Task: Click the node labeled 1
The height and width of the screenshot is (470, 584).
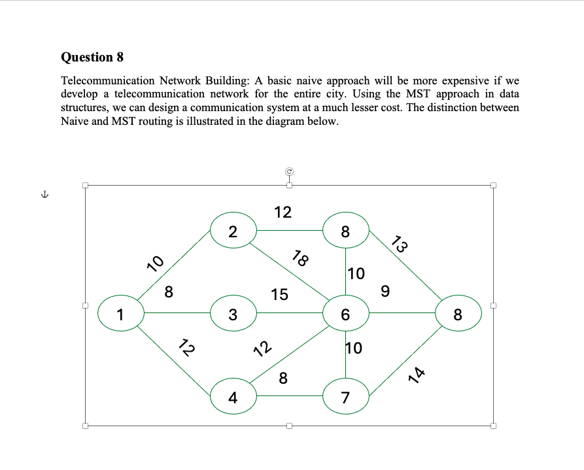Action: tap(120, 314)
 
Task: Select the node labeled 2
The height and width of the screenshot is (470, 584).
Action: tap(233, 231)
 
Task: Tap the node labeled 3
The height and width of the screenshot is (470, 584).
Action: tap(233, 314)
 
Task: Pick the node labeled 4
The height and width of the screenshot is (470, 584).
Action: tap(233, 396)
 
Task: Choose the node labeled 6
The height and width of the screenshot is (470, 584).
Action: tap(346, 314)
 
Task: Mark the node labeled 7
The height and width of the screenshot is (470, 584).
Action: tap(346, 396)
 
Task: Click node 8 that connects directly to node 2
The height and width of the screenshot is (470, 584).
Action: tap(346, 231)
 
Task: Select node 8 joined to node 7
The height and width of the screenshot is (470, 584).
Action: tap(458, 314)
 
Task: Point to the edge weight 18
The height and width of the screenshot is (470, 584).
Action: tap(300, 258)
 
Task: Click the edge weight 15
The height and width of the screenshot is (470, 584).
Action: tap(279, 295)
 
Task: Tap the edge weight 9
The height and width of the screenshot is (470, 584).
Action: tap(385, 292)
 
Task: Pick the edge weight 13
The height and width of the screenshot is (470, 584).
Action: tap(400, 246)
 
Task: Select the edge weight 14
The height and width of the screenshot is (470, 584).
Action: tap(417, 375)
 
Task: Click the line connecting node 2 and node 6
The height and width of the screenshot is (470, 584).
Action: tap(288, 271)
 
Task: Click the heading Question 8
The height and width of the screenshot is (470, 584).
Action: tap(92, 57)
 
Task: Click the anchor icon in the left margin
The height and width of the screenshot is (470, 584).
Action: tap(44, 194)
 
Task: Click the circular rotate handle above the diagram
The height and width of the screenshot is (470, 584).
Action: tap(288, 171)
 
